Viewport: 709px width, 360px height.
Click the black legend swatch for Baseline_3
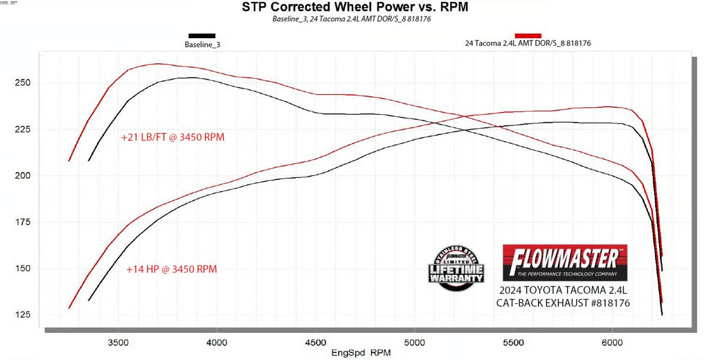click(201, 35)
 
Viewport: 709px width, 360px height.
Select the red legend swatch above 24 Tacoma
click(528, 35)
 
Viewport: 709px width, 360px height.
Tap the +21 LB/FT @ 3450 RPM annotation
click(172, 137)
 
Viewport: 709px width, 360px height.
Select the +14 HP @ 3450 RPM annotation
click(172, 269)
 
